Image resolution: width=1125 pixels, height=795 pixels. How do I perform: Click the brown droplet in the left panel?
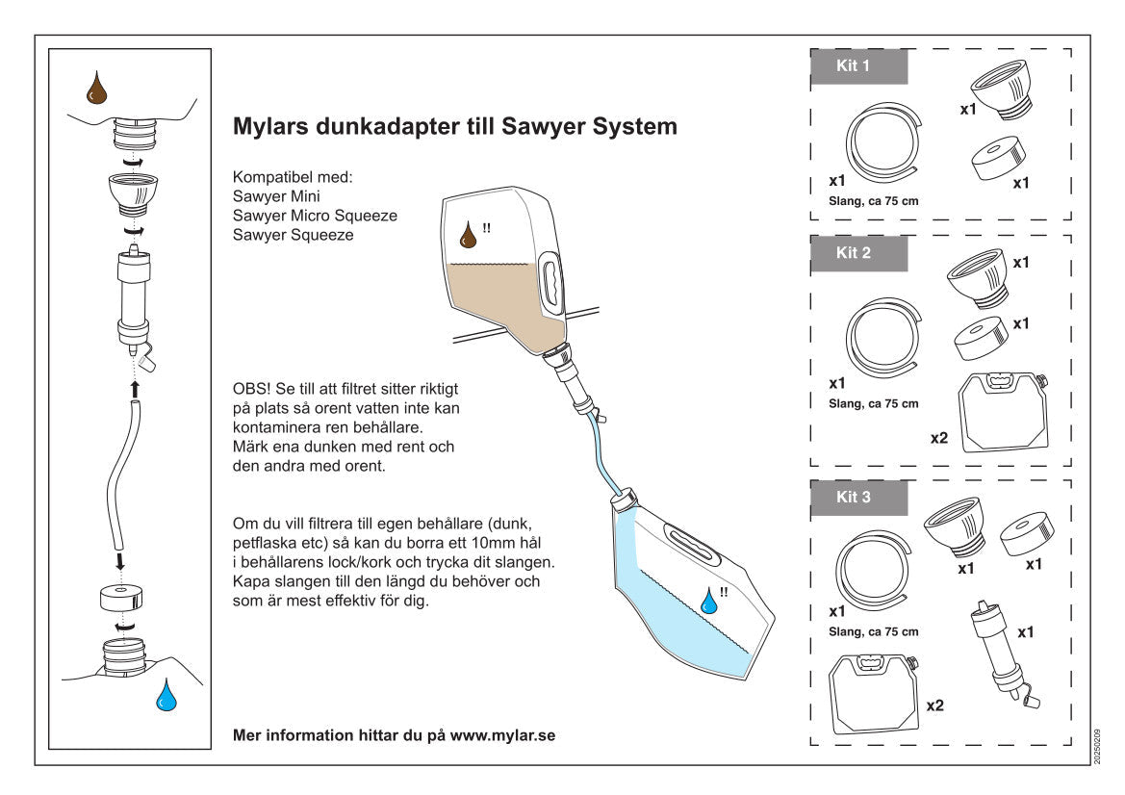pos(96,89)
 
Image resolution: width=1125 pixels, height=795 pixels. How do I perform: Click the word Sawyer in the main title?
pos(545,126)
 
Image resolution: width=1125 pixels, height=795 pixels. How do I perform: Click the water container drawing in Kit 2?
pos(1005,410)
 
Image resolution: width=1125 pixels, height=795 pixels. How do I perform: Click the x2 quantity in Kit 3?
pos(933,705)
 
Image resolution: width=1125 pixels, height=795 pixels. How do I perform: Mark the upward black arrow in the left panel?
pos(135,388)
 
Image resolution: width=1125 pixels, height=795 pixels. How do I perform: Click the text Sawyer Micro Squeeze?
pos(315,216)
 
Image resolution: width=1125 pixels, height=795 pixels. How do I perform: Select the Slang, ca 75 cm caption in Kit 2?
pos(873,403)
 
